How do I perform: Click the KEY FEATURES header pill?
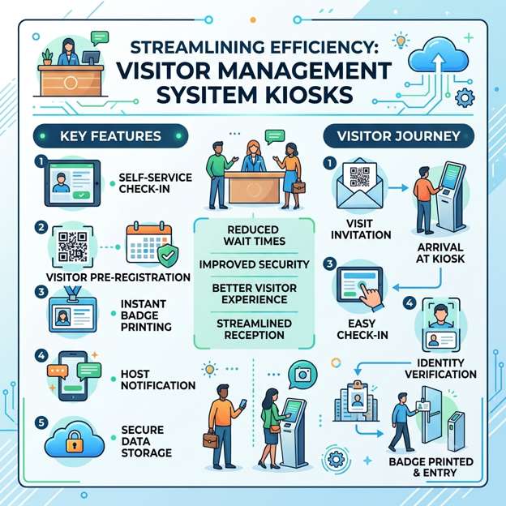click(x=110, y=136)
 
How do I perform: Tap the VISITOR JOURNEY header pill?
click(x=398, y=136)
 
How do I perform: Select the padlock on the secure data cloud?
click(x=75, y=441)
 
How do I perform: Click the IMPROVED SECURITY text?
click(x=255, y=264)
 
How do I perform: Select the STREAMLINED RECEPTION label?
click(x=255, y=329)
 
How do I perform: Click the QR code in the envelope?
click(x=360, y=177)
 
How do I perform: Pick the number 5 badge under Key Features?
click(x=41, y=422)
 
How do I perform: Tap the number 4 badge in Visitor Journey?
click(x=410, y=302)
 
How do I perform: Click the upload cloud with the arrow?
click(x=438, y=54)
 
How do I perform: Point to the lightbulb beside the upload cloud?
click(x=401, y=41)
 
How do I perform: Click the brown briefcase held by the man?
click(x=210, y=440)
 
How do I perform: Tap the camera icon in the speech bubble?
click(x=302, y=375)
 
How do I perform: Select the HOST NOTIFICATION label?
click(x=158, y=379)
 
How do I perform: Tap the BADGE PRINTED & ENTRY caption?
click(x=431, y=467)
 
